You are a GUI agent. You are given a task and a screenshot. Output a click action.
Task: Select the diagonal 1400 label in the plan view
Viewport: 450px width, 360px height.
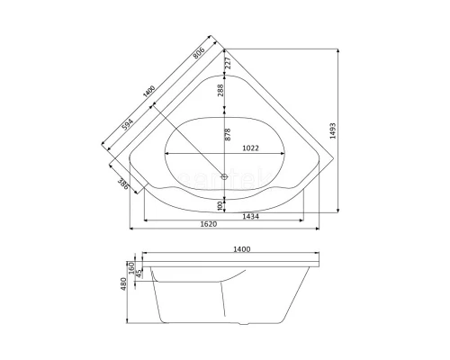(148, 93)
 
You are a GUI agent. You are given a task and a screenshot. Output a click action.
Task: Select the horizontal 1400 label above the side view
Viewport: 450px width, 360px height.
(241, 249)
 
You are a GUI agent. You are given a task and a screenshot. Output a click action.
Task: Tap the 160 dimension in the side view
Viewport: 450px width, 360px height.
(131, 268)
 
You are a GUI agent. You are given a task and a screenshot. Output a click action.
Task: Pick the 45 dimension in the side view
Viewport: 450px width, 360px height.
(141, 273)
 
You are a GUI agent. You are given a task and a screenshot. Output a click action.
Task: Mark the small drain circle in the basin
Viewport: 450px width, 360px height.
(225, 176)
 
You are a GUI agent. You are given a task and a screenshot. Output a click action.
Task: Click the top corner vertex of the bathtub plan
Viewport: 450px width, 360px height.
(226, 49)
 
